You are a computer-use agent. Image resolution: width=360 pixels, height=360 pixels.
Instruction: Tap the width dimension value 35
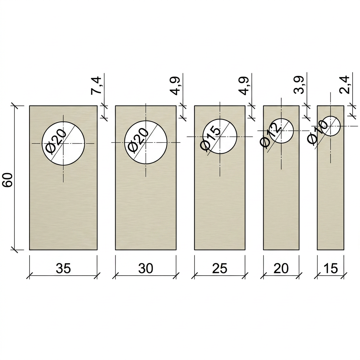click(x=63, y=268)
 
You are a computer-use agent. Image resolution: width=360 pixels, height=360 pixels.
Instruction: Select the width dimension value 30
click(x=146, y=268)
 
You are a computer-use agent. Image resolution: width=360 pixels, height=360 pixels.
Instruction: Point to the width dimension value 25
click(x=220, y=268)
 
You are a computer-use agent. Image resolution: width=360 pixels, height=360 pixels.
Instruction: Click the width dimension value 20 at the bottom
click(x=281, y=268)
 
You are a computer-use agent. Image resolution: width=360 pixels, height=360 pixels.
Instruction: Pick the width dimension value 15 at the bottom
click(x=330, y=268)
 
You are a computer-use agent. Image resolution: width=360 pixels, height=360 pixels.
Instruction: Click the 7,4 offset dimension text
click(x=96, y=85)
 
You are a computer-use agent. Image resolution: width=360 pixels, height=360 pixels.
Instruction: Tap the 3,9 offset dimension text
click(x=299, y=85)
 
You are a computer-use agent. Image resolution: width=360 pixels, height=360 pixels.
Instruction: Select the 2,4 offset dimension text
click(x=345, y=85)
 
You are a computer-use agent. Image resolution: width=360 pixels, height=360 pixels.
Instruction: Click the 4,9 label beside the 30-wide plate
click(x=175, y=86)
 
